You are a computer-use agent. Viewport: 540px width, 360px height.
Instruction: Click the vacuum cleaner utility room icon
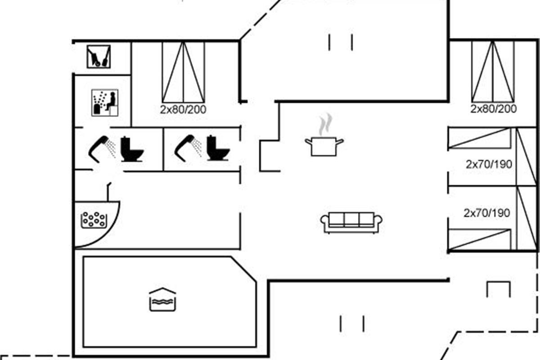(x=99, y=56)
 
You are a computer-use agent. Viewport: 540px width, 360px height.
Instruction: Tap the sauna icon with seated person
(x=105, y=103)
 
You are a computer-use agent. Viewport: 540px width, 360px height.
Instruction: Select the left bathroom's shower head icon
(x=102, y=149)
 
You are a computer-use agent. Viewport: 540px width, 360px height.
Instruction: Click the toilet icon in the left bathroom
(x=132, y=149)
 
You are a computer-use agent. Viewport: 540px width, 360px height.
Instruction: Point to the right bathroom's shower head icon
(x=188, y=148)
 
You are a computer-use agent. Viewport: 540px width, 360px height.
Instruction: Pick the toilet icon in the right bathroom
(x=218, y=148)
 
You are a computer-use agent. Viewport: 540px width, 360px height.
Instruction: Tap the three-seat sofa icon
(x=351, y=223)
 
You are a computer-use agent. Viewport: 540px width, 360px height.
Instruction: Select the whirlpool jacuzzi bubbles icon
(x=94, y=220)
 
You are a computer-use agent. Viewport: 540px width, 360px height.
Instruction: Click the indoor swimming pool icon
(x=162, y=300)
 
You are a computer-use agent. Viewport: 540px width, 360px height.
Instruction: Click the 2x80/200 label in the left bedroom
(x=183, y=110)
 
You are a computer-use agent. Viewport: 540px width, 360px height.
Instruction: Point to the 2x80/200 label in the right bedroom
(x=494, y=109)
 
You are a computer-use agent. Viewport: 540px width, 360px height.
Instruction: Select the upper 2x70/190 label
(x=489, y=164)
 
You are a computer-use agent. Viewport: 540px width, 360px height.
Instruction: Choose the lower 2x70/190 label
(x=487, y=213)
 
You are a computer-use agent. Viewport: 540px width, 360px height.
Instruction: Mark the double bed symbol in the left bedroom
(x=183, y=72)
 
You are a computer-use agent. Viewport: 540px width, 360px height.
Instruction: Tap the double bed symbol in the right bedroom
(x=493, y=72)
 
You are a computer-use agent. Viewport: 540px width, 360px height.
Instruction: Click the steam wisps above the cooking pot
(x=325, y=124)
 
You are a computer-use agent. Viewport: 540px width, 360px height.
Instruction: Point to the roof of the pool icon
(x=162, y=290)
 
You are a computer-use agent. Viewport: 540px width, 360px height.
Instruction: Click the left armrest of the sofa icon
(x=324, y=222)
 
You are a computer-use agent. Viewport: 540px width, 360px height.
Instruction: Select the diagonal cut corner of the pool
(x=243, y=269)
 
